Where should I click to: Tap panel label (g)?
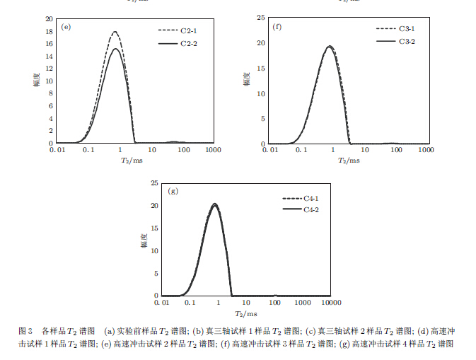click(x=173, y=190)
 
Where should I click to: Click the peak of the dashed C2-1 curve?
click(x=115, y=32)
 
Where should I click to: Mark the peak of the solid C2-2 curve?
click(x=116, y=48)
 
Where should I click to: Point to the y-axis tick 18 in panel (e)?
click(x=49, y=31)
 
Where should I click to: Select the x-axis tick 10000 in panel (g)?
click(x=330, y=303)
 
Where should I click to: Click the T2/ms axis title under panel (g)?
click(x=247, y=313)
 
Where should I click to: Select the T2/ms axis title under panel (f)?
click(x=348, y=161)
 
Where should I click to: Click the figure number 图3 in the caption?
click(x=25, y=330)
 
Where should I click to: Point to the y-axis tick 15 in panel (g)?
click(x=153, y=228)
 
